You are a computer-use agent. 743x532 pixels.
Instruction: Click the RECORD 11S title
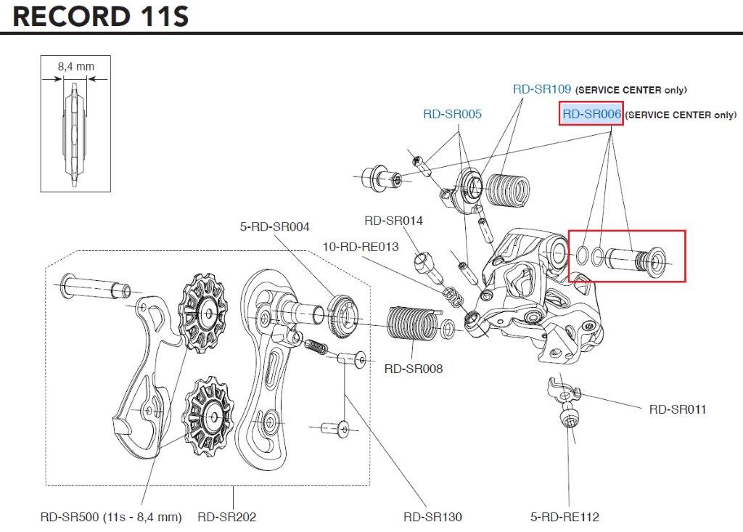pos(101,16)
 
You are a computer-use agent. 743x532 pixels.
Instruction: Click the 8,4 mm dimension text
pos(75,67)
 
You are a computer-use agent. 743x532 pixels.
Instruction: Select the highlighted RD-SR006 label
pos(591,114)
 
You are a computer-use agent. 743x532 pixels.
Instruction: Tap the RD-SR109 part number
pos(542,89)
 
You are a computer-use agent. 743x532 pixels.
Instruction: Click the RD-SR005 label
pos(452,114)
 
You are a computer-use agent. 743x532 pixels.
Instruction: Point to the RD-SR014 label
pos(393,221)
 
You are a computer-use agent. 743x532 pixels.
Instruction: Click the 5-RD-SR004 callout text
pos(274,227)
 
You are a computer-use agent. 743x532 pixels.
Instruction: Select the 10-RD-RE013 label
pos(361,247)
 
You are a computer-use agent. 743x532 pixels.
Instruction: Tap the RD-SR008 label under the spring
pos(413,369)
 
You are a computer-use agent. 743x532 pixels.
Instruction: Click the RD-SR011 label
pos(677,409)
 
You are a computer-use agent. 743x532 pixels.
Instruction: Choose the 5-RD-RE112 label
pos(565,517)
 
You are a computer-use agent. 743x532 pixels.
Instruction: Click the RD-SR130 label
pos(432,517)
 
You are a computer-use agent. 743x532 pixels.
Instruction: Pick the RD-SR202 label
pos(226,517)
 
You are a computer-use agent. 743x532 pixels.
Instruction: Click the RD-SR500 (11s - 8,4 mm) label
pos(110,517)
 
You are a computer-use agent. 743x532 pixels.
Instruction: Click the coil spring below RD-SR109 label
pos(506,191)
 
